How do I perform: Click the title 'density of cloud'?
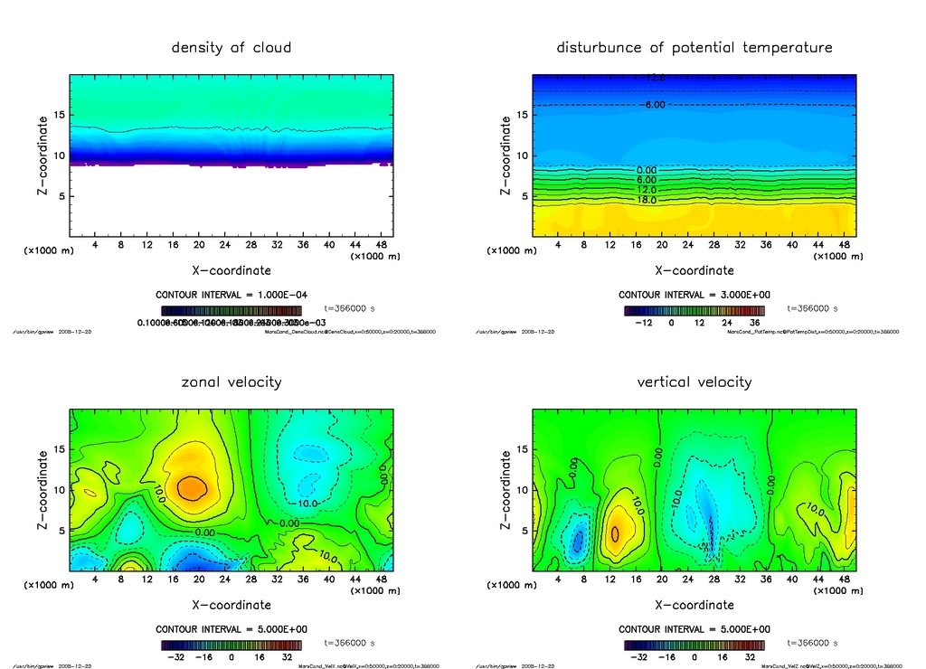click(x=231, y=48)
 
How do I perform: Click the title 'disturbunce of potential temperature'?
click(x=694, y=48)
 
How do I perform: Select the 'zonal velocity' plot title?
click(x=231, y=382)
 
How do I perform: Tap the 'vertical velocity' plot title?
click(x=694, y=382)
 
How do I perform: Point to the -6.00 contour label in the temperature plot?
click(x=653, y=105)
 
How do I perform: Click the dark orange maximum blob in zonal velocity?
click(x=192, y=487)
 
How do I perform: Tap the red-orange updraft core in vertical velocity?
click(x=616, y=532)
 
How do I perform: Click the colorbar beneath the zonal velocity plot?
click(x=231, y=645)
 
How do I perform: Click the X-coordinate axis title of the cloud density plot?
click(x=231, y=270)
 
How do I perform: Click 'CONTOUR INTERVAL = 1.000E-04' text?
click(x=231, y=295)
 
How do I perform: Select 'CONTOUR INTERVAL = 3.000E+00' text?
click(x=694, y=295)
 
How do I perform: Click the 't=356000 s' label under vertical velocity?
click(x=811, y=643)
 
